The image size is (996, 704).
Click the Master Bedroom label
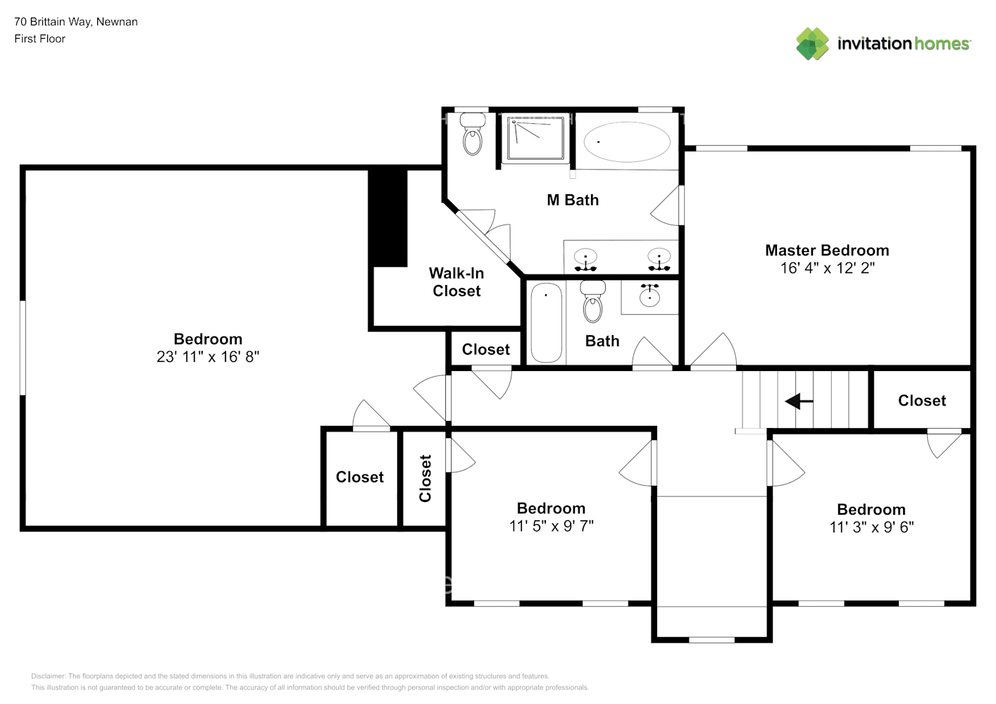pyautogui.click(x=827, y=250)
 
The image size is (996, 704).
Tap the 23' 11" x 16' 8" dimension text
pyautogui.click(x=208, y=356)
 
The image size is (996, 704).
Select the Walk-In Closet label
pyautogui.click(x=456, y=282)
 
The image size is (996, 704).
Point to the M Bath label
pyautogui.click(x=573, y=200)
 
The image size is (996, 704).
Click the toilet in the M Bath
pyautogui.click(x=472, y=133)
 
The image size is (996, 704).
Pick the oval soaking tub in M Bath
pyautogui.click(x=627, y=142)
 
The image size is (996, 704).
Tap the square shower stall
pyautogui.click(x=535, y=137)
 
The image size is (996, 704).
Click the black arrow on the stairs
pyautogui.click(x=799, y=401)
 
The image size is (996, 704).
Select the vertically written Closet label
pyautogui.click(x=425, y=478)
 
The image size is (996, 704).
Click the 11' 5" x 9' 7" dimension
pyautogui.click(x=552, y=526)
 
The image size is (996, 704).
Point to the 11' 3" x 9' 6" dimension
pyautogui.click(x=871, y=527)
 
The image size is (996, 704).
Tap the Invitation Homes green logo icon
pyautogui.click(x=812, y=44)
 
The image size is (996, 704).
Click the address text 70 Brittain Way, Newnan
pyautogui.click(x=76, y=22)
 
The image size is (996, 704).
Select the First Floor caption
pyautogui.click(x=39, y=39)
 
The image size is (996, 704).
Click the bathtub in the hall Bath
pyautogui.click(x=547, y=322)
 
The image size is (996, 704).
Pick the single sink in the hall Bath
pyautogui.click(x=649, y=295)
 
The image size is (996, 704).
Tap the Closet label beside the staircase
pyautogui.click(x=922, y=401)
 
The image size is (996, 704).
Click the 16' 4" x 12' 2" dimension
pyautogui.click(x=828, y=268)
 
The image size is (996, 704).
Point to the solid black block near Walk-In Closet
pyautogui.click(x=387, y=218)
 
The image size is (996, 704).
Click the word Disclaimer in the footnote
pyautogui.click(x=48, y=676)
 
